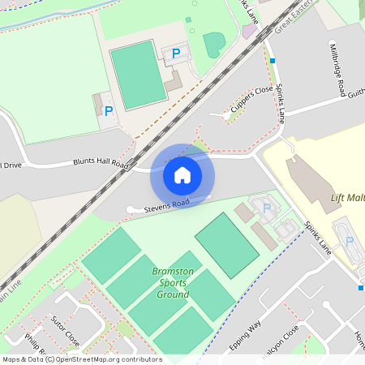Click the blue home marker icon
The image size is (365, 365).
182,175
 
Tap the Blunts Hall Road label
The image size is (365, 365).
101,163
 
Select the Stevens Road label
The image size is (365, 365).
167,206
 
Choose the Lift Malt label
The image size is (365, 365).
347,198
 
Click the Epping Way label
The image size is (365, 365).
245,335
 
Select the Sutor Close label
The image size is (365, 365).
64,330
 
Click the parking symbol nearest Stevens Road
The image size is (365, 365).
267,208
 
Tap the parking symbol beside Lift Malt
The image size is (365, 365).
350,241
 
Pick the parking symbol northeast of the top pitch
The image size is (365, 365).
176,54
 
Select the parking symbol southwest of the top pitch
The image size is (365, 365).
109,111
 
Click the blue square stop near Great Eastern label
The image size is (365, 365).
273,60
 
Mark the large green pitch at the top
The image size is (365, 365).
138,74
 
